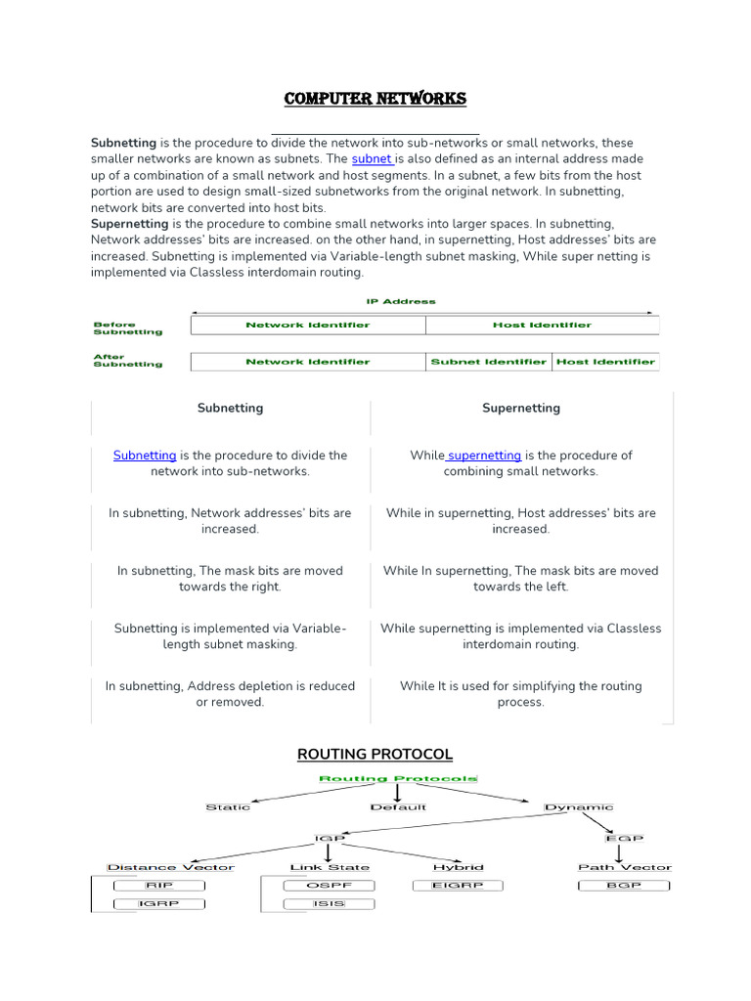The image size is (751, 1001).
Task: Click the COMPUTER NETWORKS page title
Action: coord(375,99)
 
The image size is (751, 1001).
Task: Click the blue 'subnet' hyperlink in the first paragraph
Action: coord(372,158)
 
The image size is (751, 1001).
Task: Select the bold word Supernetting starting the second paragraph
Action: coord(129,224)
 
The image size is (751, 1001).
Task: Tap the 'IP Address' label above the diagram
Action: coord(401,301)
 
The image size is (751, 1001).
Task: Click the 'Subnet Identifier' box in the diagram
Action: coord(489,362)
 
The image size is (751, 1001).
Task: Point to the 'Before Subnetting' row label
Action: coord(127,328)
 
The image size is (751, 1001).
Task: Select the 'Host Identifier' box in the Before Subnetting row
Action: coord(542,325)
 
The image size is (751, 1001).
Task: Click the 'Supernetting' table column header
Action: coord(520,408)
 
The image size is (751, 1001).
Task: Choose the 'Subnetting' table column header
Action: coord(230,408)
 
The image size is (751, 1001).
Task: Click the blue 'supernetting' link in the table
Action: coord(484,455)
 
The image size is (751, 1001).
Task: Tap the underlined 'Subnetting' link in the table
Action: coord(145,455)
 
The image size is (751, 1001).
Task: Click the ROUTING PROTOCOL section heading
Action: coord(375,754)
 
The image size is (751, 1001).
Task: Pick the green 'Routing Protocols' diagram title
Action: coord(398,779)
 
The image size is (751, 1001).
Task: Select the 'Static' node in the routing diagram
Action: coord(228,807)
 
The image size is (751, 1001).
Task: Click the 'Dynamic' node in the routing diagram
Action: coord(579,807)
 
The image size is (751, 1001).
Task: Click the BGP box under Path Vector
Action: coord(624,886)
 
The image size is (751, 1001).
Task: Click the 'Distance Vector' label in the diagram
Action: coord(171,867)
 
